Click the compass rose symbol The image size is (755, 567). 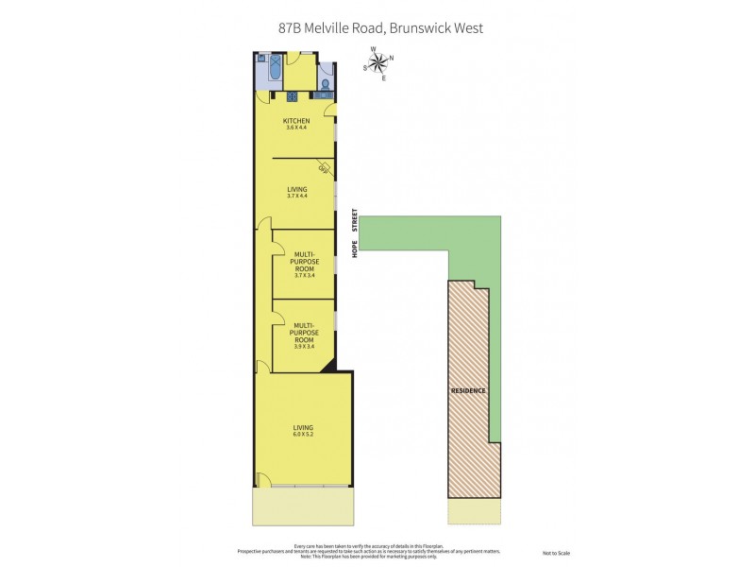(378, 62)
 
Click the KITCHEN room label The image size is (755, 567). (297, 121)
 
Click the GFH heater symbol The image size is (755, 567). (323, 169)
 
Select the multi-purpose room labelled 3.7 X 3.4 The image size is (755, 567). (304, 265)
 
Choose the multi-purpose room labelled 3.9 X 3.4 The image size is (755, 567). (304, 335)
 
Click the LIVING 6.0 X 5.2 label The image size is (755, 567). (302, 431)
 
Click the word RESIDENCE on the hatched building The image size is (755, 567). (468, 390)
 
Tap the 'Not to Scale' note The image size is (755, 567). (556, 553)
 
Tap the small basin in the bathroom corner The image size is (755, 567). (261, 59)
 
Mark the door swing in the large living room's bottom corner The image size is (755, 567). (260, 480)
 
